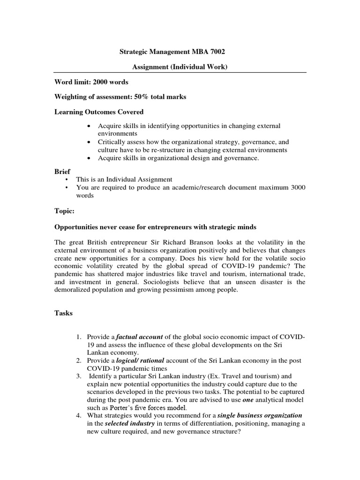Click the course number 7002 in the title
click(x=222, y=52)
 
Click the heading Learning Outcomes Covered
click(x=99, y=112)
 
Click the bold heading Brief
click(x=63, y=172)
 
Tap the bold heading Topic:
click(x=65, y=211)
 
